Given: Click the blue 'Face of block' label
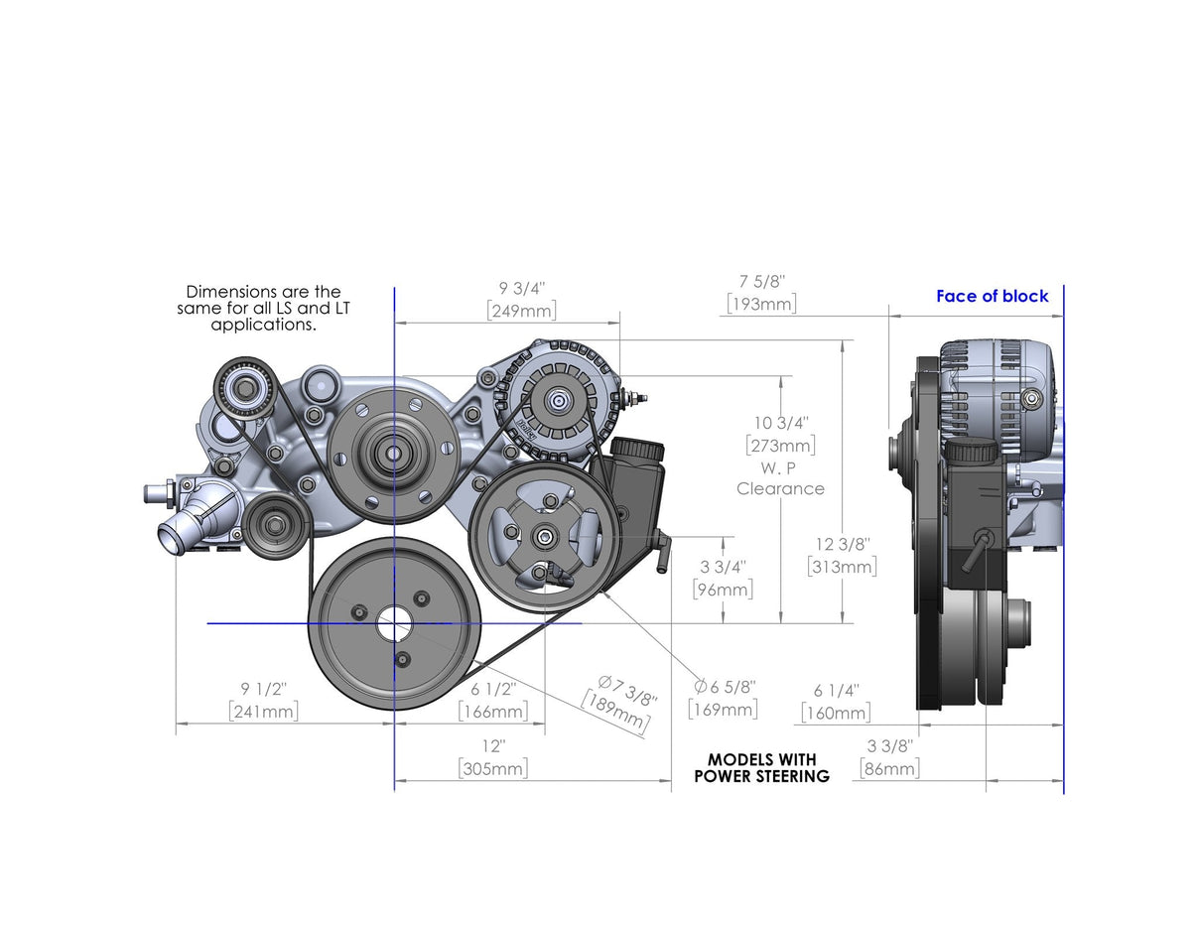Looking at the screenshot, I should (x=992, y=296).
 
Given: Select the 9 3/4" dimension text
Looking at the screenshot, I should (x=522, y=288).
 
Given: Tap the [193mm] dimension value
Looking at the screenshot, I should (x=761, y=304).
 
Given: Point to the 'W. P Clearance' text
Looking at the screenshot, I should (x=780, y=478).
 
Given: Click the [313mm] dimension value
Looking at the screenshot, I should (x=842, y=567).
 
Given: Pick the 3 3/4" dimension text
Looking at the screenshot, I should (x=723, y=567).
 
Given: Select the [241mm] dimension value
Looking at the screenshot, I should (x=263, y=711).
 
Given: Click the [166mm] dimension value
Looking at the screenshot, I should (x=493, y=711).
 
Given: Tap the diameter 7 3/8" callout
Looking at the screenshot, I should (x=627, y=690).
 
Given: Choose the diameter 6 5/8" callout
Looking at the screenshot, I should (x=726, y=686).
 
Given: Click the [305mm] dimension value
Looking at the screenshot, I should (x=493, y=768).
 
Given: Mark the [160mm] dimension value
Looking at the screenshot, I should (x=836, y=713).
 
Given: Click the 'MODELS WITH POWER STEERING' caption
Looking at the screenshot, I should (x=761, y=767).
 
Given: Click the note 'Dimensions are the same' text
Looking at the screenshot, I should (x=263, y=308).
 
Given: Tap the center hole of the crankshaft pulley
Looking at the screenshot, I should (x=394, y=623).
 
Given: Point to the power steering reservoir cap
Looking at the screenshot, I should (x=637, y=450).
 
